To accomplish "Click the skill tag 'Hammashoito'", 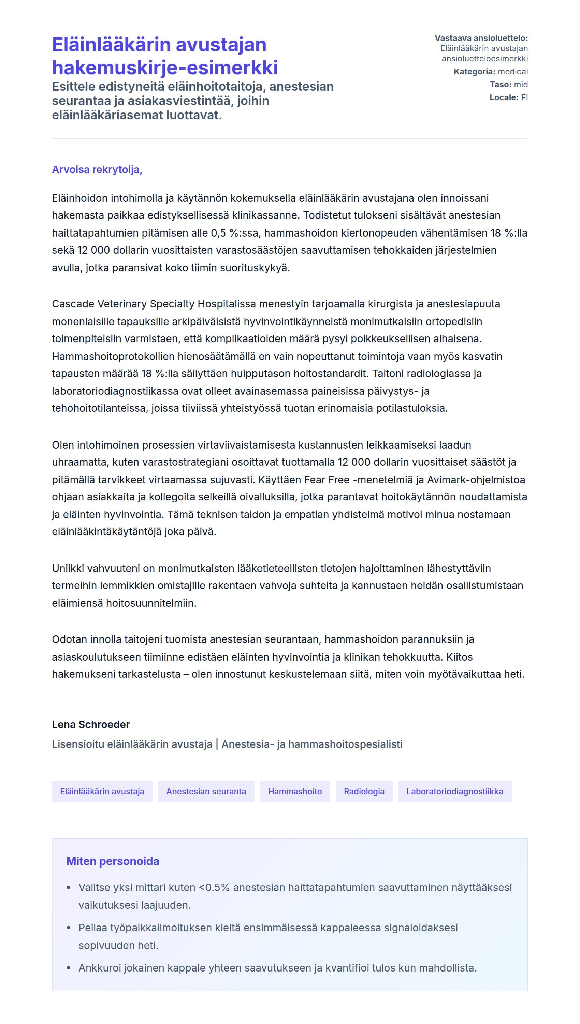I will pyautogui.click(x=295, y=791).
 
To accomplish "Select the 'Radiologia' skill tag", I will pyautogui.click(x=364, y=791).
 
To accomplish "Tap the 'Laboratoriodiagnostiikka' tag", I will pyautogui.click(x=454, y=791).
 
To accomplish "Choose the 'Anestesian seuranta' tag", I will pyautogui.click(x=206, y=791).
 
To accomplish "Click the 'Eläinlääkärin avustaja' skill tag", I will pyautogui.click(x=102, y=791).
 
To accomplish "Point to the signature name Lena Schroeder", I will pyautogui.click(x=91, y=724).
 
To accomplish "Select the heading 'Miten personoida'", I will pyautogui.click(x=112, y=861).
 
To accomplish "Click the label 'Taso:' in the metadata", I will pyautogui.click(x=500, y=85).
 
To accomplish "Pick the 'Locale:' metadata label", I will pyautogui.click(x=504, y=97).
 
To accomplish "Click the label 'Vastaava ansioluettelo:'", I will pyautogui.click(x=481, y=38).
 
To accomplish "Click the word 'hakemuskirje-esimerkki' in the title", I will pyautogui.click(x=164, y=67).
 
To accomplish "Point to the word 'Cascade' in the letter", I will pyautogui.click(x=73, y=304).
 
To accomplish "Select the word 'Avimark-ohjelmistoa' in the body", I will pyautogui.click(x=476, y=480).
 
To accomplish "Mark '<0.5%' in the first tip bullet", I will pyautogui.click(x=214, y=888).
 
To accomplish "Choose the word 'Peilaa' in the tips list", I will pyautogui.click(x=91, y=928).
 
